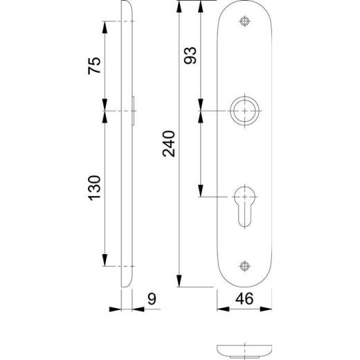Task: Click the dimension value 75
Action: click(96, 65)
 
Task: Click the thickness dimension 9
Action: click(151, 300)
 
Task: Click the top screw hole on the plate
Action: click(244, 23)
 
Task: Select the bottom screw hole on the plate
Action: click(244, 267)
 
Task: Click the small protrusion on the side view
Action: click(134, 110)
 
